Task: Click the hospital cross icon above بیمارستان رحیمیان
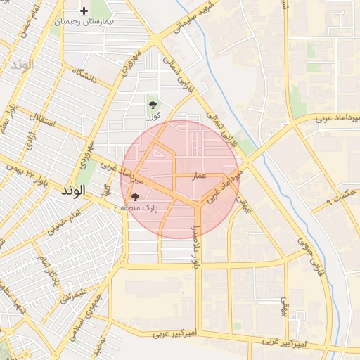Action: (84, 11)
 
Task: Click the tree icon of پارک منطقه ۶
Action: (135, 197)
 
